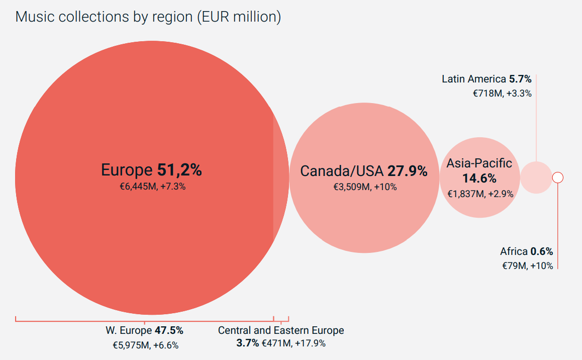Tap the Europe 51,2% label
[151, 170]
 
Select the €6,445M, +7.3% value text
[152, 186]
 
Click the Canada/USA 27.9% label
[364, 171]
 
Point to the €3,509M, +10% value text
[365, 187]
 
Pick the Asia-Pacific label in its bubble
[479, 163]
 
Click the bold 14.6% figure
[479, 178]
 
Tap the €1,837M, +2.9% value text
[480, 194]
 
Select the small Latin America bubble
[536, 177]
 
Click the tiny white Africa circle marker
[557, 177]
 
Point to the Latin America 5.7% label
[487, 79]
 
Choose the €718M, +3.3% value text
[502, 93]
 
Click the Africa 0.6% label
[526, 251]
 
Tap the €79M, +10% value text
[527, 266]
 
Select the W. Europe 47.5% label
[144, 331]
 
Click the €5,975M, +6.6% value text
[145, 345]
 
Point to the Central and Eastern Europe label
[281, 331]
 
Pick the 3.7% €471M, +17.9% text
[281, 343]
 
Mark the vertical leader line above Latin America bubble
[536, 118]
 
